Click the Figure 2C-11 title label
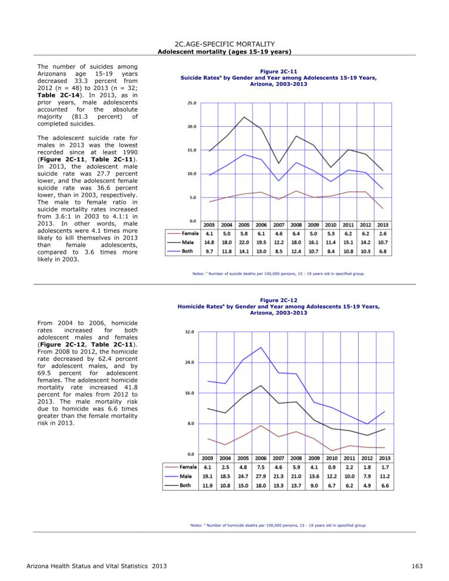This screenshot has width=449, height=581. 278,72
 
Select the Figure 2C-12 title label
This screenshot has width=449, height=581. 278,300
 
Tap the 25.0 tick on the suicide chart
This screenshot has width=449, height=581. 192,103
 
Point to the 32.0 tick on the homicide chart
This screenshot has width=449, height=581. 190,332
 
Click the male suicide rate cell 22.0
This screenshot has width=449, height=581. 244,243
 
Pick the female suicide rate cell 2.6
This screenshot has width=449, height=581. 383,234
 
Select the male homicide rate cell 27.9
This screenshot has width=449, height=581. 261,476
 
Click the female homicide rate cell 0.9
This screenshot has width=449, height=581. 332,467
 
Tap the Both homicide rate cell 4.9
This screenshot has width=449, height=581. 367,485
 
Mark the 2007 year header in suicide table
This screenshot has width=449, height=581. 278,225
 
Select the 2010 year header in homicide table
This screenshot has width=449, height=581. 332,458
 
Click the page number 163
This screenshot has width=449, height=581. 417,566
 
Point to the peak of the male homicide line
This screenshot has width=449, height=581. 261,347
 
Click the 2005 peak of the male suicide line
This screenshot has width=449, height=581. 244,117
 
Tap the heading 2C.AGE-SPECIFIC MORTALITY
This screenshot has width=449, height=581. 225,44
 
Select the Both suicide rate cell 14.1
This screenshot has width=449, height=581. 244,251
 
